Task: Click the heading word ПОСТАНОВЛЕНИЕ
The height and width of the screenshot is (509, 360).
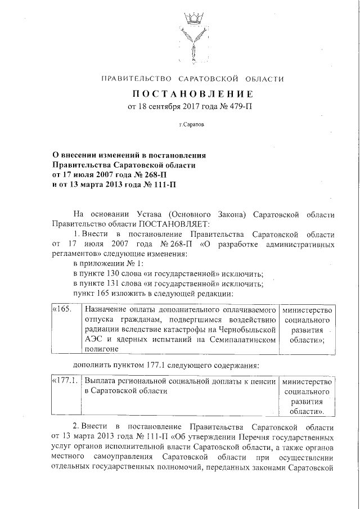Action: [192, 93]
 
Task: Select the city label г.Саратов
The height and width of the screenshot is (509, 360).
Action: [192, 125]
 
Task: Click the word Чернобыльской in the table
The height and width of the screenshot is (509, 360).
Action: [248, 330]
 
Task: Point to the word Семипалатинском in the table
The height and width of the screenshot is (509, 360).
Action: [246, 340]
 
